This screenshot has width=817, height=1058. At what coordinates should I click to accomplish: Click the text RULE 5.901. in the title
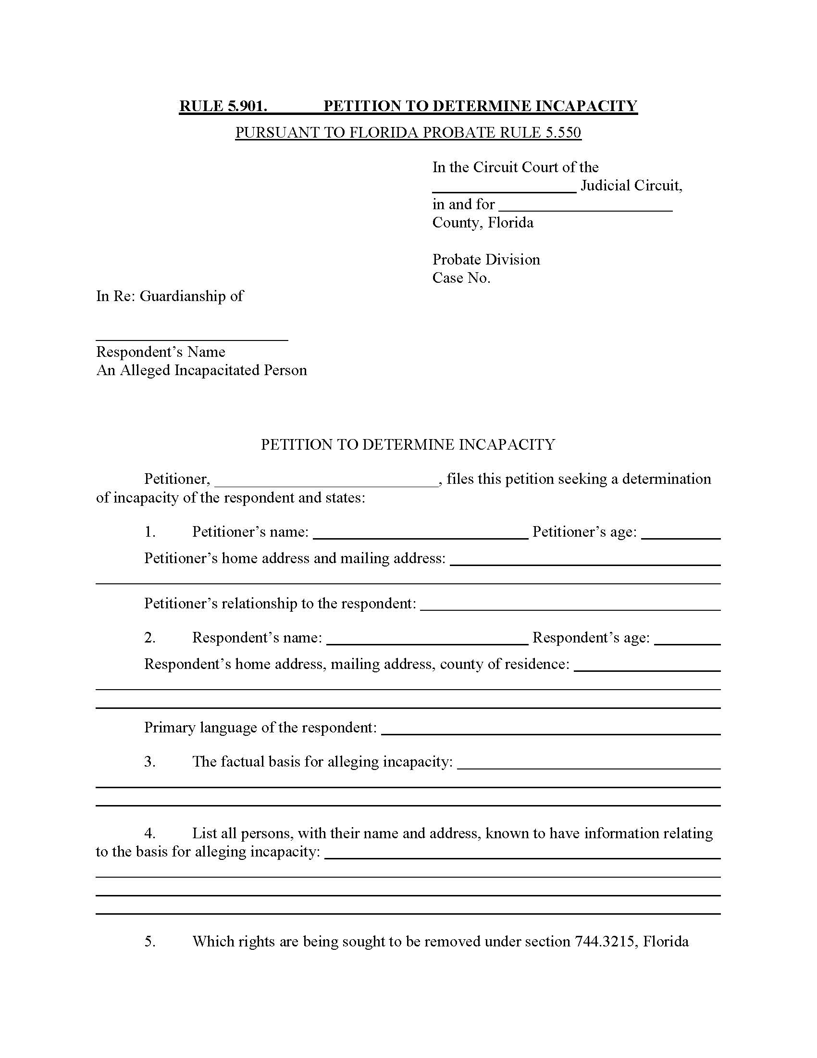click(x=223, y=106)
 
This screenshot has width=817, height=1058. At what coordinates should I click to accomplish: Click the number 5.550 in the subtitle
click(x=563, y=132)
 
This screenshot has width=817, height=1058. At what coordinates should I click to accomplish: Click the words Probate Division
click(x=486, y=259)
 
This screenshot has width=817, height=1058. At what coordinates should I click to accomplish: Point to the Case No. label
click(x=461, y=277)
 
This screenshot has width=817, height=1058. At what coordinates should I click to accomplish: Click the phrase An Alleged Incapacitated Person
click(x=201, y=370)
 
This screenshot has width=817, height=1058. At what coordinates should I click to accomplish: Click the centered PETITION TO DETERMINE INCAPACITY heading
click(x=408, y=444)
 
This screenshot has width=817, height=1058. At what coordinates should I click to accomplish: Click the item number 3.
click(x=149, y=762)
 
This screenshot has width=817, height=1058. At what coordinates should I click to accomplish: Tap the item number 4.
click(x=149, y=833)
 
